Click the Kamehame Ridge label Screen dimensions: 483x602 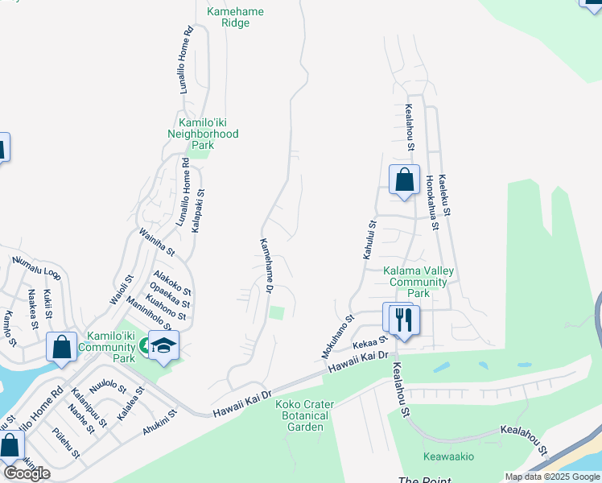point(235,18)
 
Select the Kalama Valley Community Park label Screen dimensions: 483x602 point(418,282)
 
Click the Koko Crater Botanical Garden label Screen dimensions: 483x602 point(301,415)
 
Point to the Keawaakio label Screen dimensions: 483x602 point(448,456)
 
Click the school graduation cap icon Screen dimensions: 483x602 point(164,346)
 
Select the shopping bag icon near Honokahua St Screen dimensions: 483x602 point(404,180)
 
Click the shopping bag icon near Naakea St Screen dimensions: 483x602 point(61,347)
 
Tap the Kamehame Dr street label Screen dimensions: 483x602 point(266,265)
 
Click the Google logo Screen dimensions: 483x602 point(27,473)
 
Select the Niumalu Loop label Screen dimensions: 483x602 point(35,270)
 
